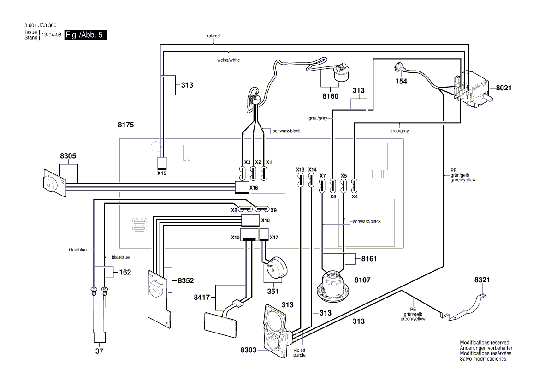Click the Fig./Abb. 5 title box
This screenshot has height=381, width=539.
tap(85, 36)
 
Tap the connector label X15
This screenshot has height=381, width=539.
tap(162, 174)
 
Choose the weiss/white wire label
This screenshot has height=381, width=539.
tap(228, 60)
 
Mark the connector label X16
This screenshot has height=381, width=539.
tap(254, 188)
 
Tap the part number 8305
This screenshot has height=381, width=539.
tap(68, 156)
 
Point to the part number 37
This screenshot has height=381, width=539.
tap(100, 351)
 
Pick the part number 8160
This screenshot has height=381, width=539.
tap(330, 96)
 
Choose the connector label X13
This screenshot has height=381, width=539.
tap(300, 169)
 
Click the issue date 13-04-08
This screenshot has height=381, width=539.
tap(51, 35)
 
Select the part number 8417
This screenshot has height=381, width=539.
tap(202, 298)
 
